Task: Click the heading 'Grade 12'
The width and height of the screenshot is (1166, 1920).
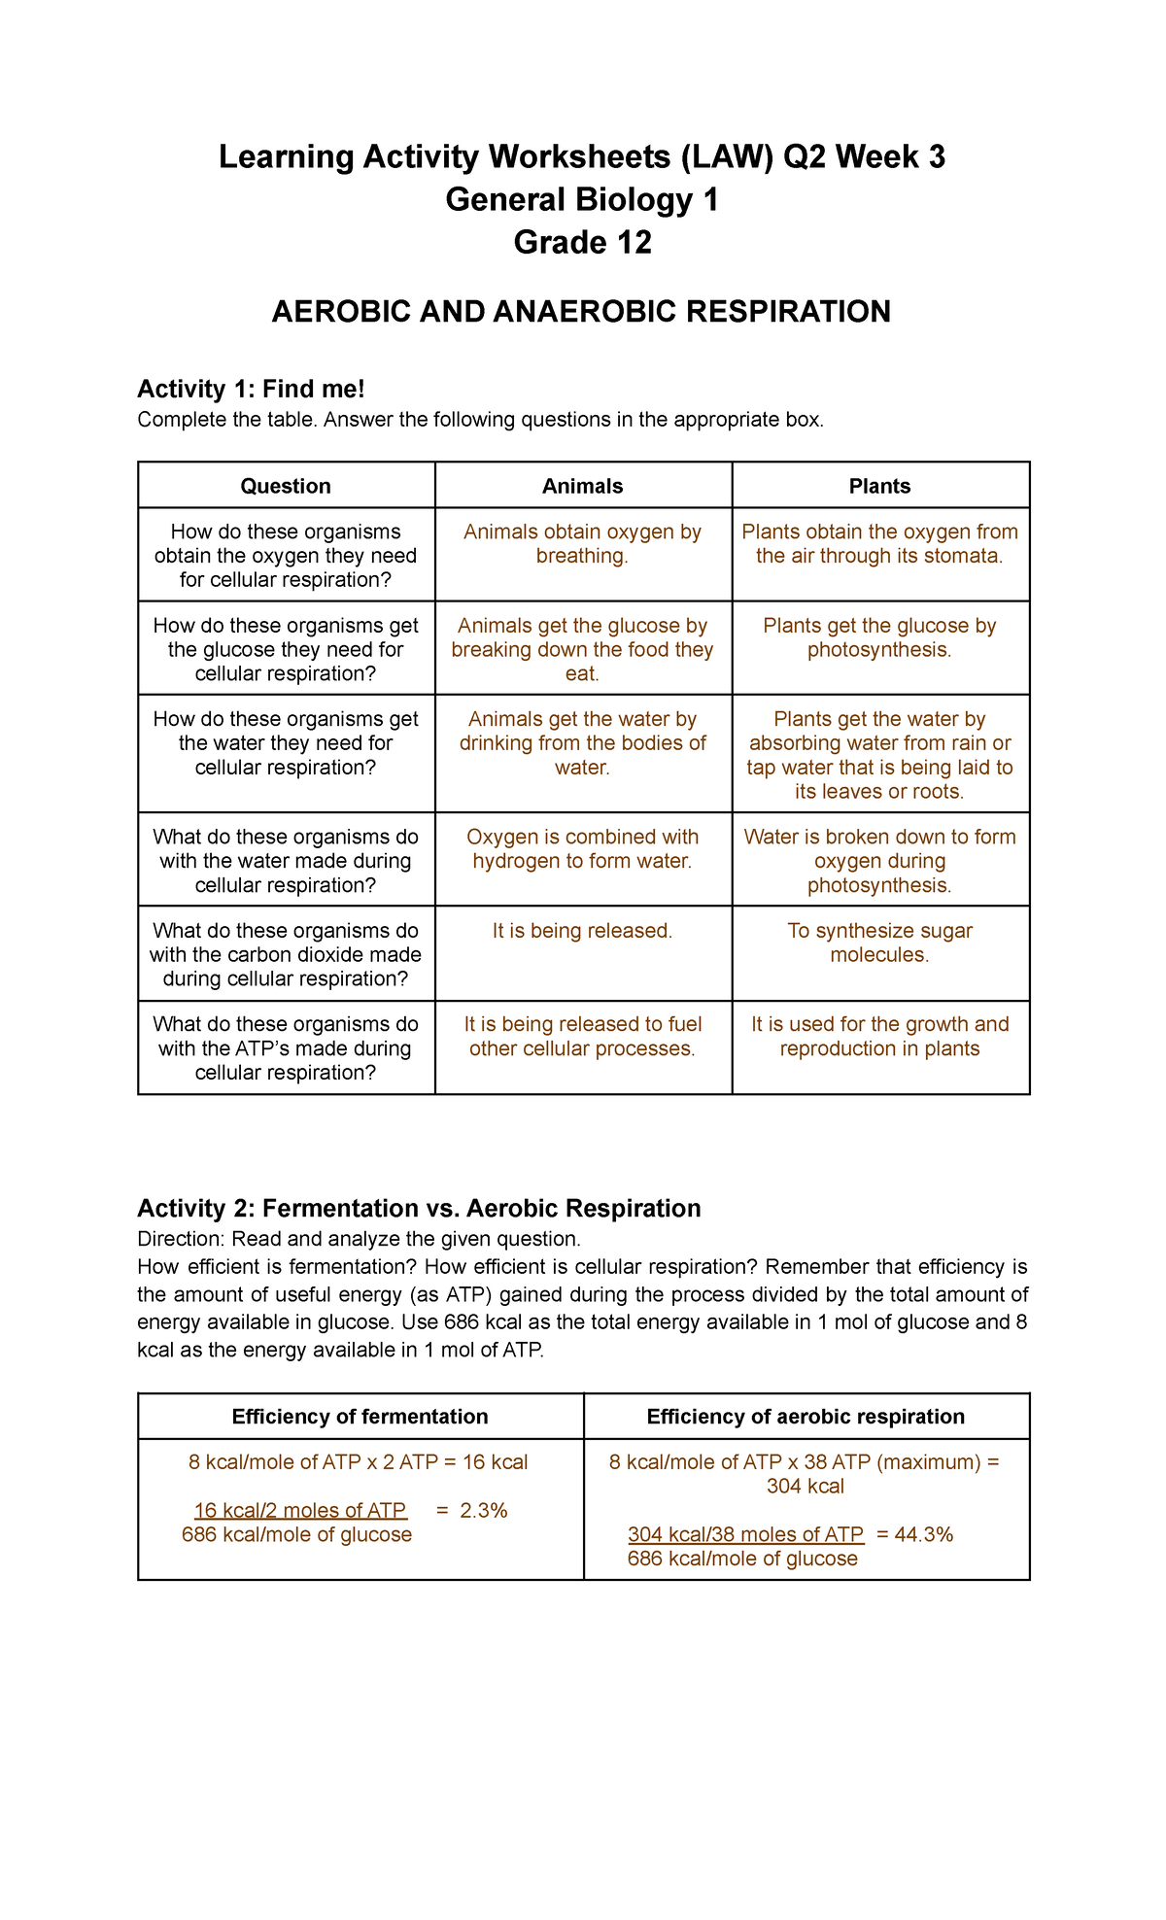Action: coord(582,242)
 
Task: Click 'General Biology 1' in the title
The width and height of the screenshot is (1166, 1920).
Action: coord(582,199)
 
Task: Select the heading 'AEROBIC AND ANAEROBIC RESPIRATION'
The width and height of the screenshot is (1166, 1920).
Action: coord(581,312)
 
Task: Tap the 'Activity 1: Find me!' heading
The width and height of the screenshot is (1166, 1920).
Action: coord(251,390)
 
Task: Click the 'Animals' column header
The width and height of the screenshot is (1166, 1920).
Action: coord(582,486)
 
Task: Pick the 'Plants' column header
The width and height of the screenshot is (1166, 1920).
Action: coord(879,486)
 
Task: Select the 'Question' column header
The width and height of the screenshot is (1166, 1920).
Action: coord(286,486)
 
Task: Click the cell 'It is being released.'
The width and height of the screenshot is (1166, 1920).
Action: coord(582,931)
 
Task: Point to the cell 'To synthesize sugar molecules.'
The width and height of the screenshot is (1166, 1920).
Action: coord(879,943)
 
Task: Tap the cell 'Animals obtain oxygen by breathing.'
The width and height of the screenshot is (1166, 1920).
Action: coord(582,544)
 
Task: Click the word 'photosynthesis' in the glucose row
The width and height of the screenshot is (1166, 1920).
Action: coord(877,650)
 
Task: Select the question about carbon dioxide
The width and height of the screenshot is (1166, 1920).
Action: coord(286,954)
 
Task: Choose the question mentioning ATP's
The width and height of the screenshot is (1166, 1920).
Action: coord(286,1048)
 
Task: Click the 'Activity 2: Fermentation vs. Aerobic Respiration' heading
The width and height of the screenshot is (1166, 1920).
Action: coord(419,1209)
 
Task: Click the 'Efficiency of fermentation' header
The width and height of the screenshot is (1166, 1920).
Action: coord(360,1417)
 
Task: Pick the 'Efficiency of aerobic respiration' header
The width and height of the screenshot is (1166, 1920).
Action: coord(806,1417)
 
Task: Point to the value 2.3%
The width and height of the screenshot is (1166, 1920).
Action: coord(484,1511)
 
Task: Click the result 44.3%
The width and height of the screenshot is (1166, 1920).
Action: coord(926,1535)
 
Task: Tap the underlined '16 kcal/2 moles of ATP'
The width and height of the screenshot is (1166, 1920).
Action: coord(300,1511)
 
